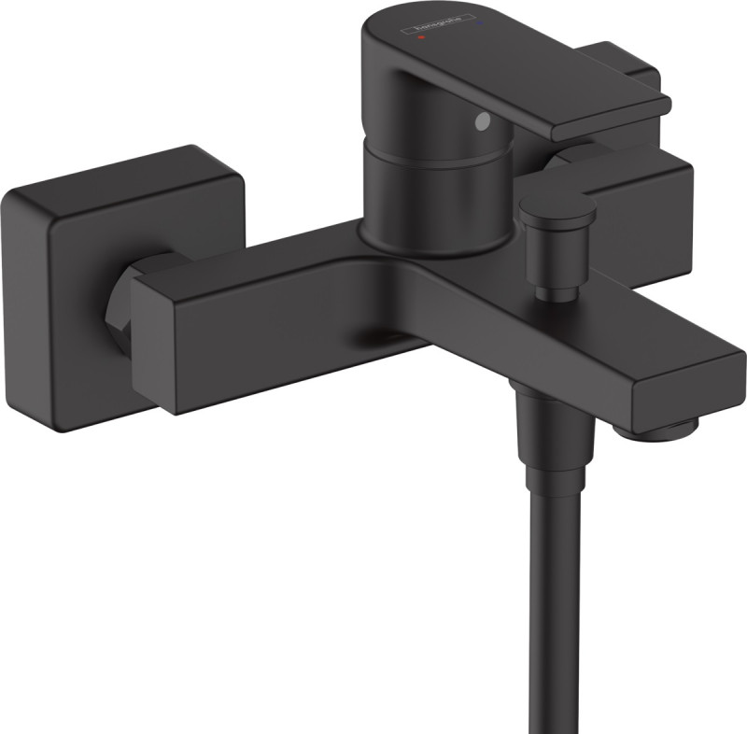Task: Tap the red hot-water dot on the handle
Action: click(422, 39)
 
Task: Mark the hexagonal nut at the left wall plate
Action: click(125, 299)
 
